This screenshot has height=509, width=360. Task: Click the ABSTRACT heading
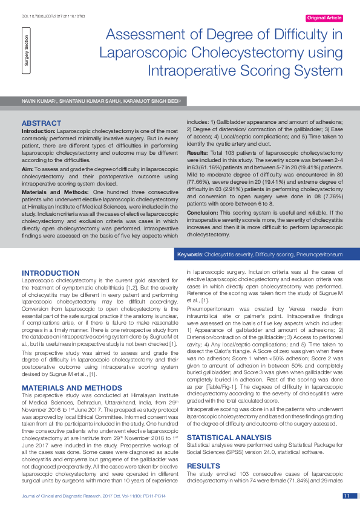[41, 123]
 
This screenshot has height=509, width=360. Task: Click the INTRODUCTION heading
[51, 273]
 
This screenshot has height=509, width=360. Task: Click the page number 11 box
[347, 496]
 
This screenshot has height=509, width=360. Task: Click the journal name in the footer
[63, 496]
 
